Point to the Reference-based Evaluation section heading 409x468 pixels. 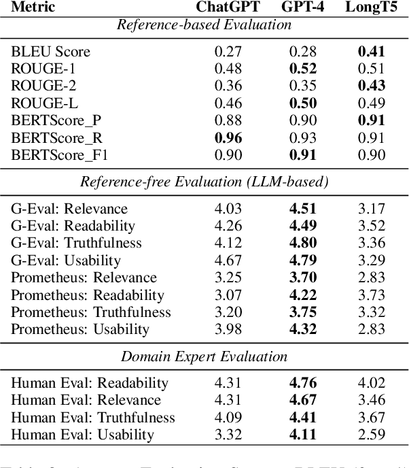click(204, 25)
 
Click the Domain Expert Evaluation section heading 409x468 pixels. click(204, 356)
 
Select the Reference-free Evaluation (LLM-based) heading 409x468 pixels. click(204, 182)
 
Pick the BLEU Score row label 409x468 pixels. click(50, 52)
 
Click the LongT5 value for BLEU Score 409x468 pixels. click(372, 52)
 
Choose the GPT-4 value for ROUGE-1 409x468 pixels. click(303, 69)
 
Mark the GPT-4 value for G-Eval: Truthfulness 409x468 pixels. click(303, 244)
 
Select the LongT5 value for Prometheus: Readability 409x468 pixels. click(372, 295)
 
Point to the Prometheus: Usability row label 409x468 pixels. click(79, 330)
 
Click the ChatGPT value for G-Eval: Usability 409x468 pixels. click(229, 261)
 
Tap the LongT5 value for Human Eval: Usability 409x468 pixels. click(372, 435)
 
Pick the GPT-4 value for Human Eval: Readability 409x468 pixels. click(303, 383)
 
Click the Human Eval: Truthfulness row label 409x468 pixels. click(93, 418)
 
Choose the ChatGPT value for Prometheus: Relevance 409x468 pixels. click(229, 278)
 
